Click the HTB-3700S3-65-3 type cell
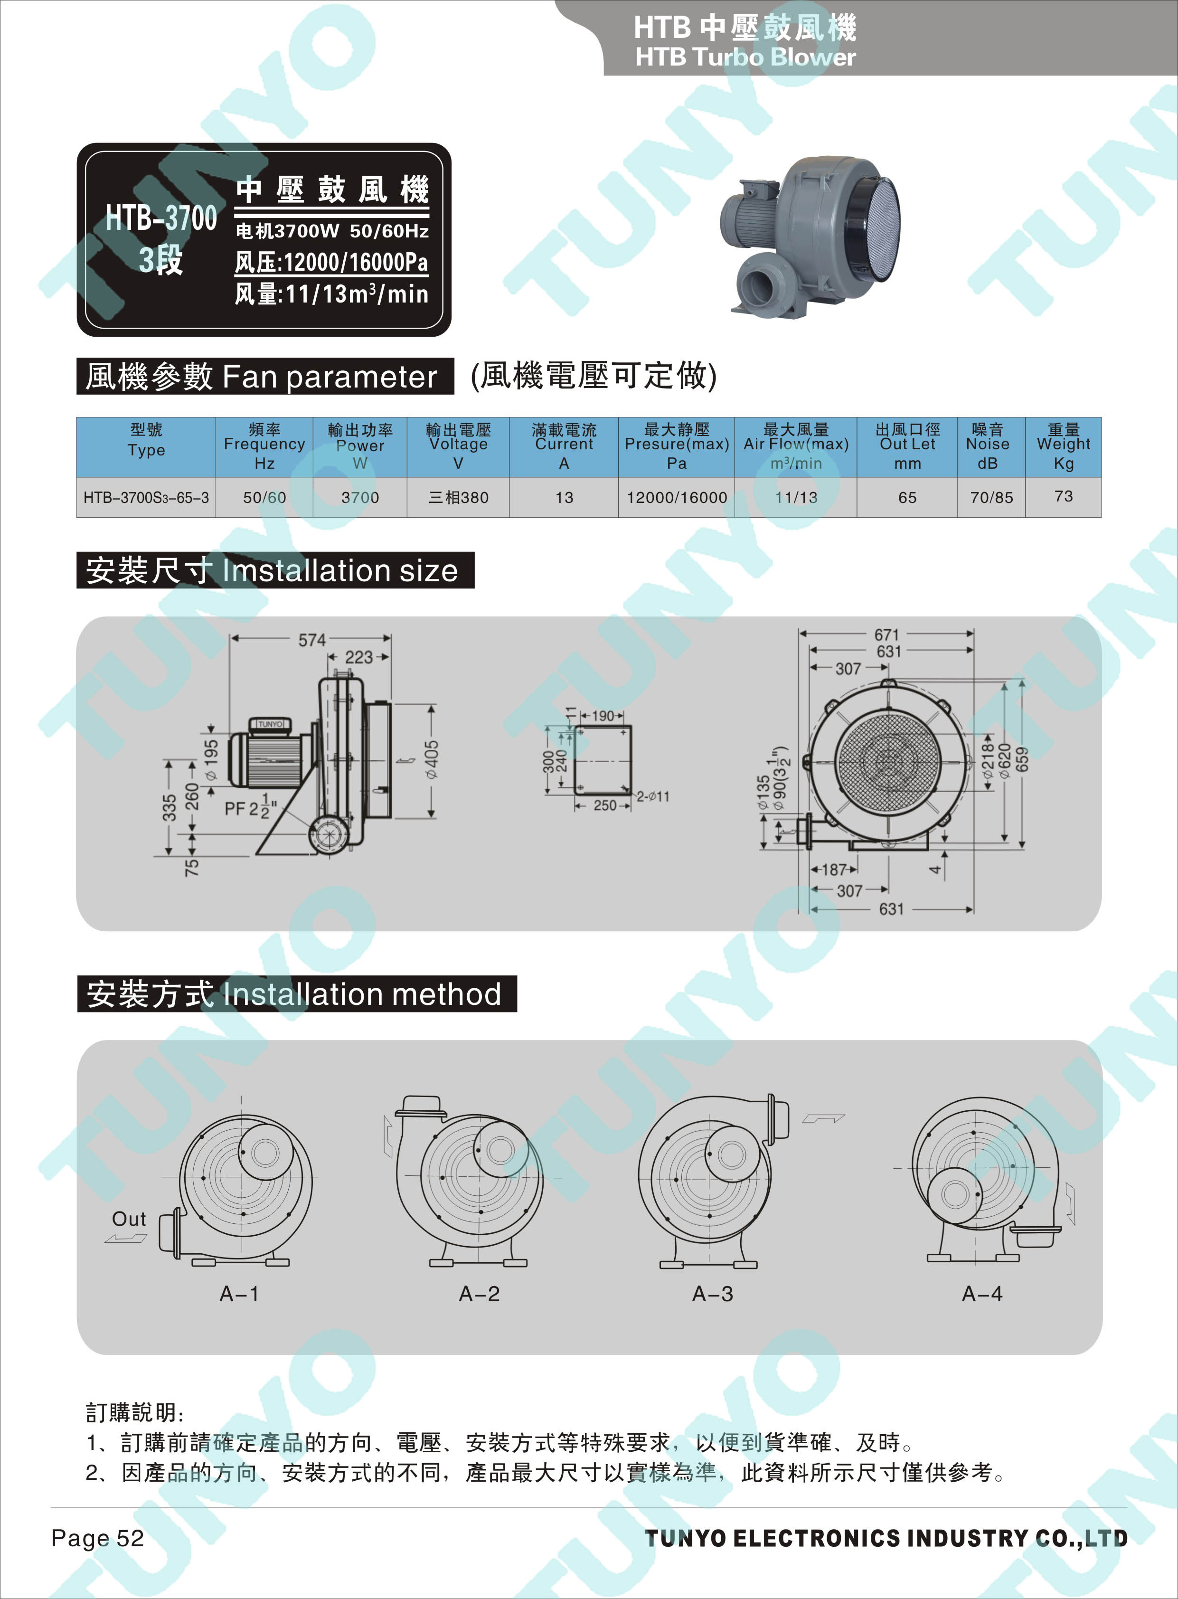(146, 498)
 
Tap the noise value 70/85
(991, 498)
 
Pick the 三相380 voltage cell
(459, 498)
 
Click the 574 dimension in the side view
(311, 640)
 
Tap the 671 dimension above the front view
(887, 634)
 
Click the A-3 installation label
(712, 1294)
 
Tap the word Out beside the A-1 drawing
(129, 1219)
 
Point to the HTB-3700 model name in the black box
(161, 218)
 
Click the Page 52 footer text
(98, 1538)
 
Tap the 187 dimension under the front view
(834, 870)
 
